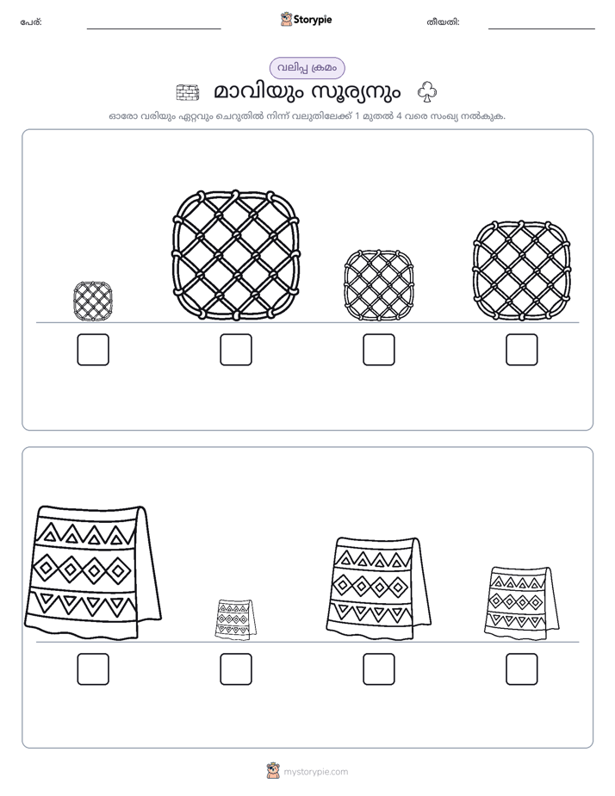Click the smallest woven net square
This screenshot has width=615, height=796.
click(x=93, y=302)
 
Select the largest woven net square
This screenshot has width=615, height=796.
click(x=236, y=255)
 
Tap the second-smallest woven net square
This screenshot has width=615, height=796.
click(x=378, y=285)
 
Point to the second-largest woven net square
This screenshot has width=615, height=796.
click(x=522, y=271)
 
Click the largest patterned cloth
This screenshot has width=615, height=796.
click(x=93, y=572)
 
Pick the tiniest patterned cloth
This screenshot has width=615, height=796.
click(x=235, y=619)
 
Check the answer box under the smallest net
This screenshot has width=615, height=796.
click(x=93, y=350)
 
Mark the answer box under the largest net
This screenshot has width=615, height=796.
click(x=236, y=350)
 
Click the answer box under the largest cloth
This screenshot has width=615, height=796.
click(x=93, y=669)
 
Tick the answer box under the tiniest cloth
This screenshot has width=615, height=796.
click(x=236, y=669)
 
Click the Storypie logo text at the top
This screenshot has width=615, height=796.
click(x=313, y=20)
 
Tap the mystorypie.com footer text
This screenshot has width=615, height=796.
click(x=315, y=772)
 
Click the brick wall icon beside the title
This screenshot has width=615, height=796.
click(x=187, y=92)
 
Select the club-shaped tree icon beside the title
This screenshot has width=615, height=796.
click(x=427, y=92)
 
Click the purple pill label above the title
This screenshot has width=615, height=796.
click(x=307, y=68)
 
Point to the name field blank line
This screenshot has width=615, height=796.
click(x=153, y=29)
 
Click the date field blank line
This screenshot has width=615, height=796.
click(x=542, y=29)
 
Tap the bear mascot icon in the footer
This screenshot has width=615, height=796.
click(x=273, y=771)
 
